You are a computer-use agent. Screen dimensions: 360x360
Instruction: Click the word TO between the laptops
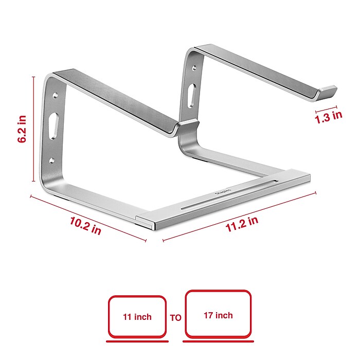(x=175, y=317)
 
